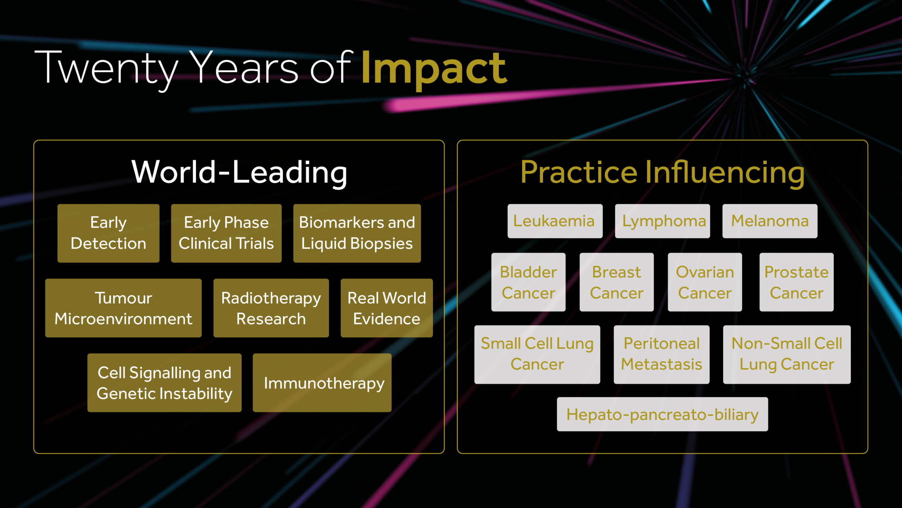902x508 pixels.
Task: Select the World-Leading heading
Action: click(240, 173)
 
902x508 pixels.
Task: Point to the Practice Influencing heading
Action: click(662, 173)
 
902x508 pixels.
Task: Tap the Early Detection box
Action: click(109, 233)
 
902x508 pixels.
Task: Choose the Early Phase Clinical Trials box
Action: click(226, 233)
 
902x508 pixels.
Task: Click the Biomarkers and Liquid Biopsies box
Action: click(357, 233)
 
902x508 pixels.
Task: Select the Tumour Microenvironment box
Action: click(123, 308)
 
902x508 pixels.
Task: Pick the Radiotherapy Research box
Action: click(271, 308)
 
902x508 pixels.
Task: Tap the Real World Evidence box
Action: click(387, 308)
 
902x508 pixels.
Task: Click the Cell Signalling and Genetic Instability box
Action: click(165, 383)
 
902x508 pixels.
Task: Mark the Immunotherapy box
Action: click(322, 383)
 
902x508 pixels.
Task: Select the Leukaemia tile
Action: click(555, 221)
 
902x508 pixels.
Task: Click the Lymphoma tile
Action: click(662, 221)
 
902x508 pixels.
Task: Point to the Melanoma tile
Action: click(770, 221)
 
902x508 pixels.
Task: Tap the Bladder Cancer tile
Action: click(529, 282)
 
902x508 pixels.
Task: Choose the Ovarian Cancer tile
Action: click(705, 282)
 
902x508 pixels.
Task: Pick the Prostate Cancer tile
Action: click(797, 282)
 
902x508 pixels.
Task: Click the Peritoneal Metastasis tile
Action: click(662, 355)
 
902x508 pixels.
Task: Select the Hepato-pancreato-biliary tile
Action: click(662, 414)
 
